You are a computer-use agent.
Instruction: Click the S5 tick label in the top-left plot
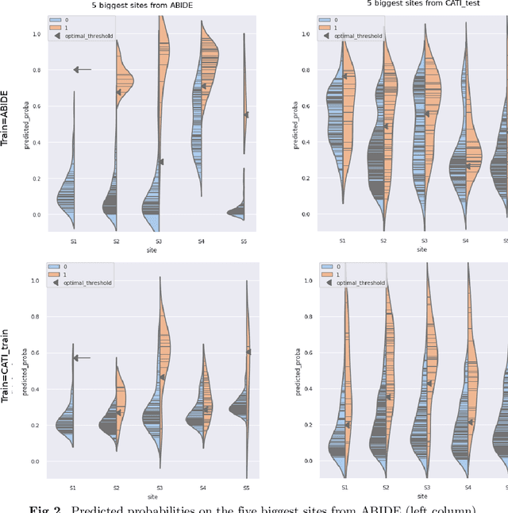(x=246, y=240)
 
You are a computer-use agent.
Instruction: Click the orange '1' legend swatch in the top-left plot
(x=56, y=26)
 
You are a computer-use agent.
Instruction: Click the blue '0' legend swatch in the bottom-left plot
(x=56, y=267)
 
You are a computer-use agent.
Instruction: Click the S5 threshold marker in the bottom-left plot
(x=248, y=351)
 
